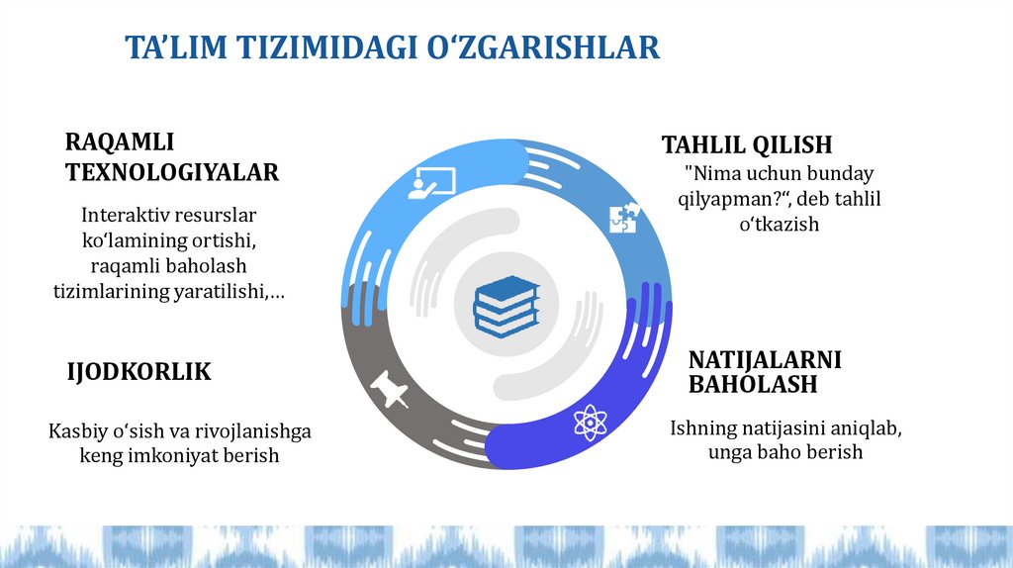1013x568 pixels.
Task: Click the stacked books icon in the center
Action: tap(506, 305)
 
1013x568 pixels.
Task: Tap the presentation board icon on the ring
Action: tap(432, 183)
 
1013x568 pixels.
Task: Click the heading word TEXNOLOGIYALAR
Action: tap(172, 172)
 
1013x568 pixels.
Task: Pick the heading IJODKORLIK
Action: tap(138, 372)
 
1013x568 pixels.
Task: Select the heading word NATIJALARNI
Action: tap(765, 359)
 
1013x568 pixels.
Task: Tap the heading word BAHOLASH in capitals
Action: tap(753, 384)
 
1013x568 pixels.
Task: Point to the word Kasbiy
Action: tap(76, 431)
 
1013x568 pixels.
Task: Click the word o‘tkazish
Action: tap(779, 225)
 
